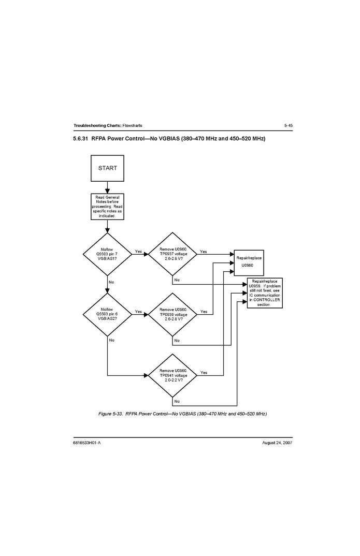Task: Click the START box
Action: [107, 168]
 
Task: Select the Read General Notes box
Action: [107, 206]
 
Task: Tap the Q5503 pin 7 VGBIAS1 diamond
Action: [107, 254]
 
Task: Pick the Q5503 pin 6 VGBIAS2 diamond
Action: [107, 314]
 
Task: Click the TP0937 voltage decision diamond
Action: [172, 254]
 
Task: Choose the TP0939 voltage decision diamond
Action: [172, 314]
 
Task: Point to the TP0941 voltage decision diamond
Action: [172, 375]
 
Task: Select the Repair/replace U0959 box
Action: [265, 293]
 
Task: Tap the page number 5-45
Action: [288, 126]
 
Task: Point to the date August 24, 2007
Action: [278, 444]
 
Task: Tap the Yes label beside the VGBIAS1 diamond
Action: [138, 252]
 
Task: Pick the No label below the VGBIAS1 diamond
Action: [111, 282]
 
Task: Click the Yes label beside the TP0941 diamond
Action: [204, 373]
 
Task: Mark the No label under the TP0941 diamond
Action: [177, 401]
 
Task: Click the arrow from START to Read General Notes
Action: [107, 186]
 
